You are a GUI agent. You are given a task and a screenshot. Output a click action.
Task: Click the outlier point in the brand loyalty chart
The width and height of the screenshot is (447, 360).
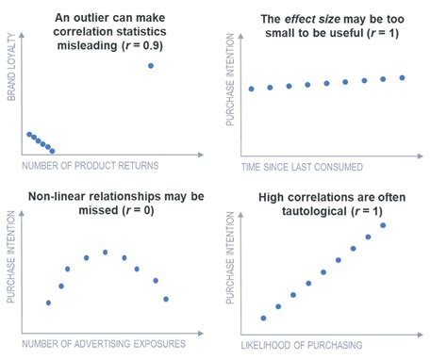151,65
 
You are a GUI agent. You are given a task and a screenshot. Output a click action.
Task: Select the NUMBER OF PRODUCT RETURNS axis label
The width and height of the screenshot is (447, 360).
89,166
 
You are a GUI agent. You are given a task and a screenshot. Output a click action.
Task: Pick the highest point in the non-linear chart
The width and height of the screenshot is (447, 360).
105,252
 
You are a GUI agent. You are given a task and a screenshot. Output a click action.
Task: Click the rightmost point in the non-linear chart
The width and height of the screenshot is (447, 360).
166,299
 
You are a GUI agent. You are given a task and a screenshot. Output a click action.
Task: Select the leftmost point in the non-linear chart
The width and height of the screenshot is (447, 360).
48,303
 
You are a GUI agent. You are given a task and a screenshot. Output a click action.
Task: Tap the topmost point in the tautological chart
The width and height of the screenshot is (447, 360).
383,225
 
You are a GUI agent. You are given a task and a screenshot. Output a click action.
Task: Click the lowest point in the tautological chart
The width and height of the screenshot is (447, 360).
263,318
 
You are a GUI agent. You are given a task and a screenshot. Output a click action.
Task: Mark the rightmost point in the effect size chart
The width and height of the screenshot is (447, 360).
403,77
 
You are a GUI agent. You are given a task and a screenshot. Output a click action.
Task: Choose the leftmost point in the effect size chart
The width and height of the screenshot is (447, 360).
251,89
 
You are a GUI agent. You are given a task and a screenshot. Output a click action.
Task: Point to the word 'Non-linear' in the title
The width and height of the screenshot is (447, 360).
55,196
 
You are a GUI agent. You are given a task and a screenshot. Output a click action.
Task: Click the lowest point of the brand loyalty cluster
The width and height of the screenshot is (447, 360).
52,151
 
